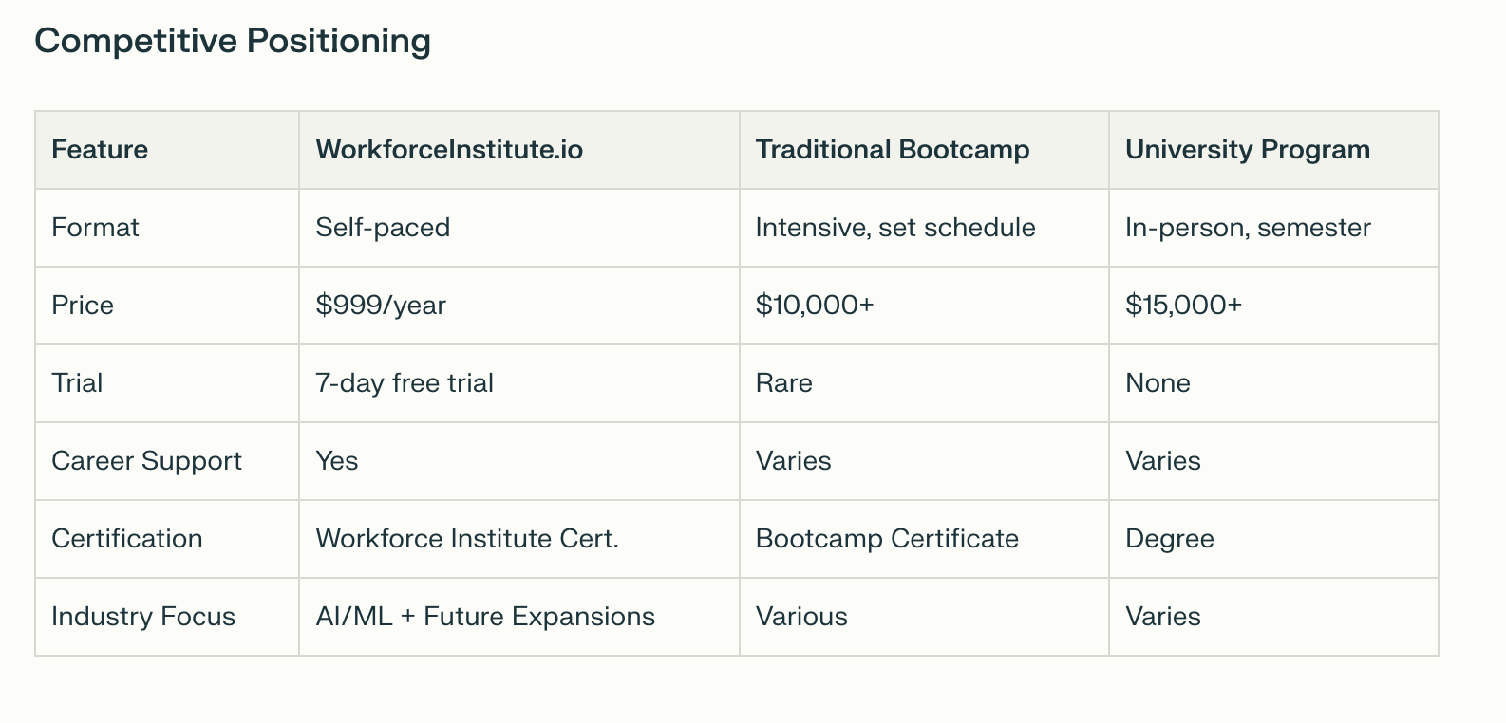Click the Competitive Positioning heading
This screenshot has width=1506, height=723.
tap(233, 42)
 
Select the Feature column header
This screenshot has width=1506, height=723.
tap(100, 150)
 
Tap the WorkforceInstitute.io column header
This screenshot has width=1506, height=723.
tap(449, 150)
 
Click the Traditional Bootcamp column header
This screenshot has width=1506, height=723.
tap(893, 150)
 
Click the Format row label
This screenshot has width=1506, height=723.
tap(95, 228)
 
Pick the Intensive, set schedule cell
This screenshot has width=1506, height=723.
tap(895, 228)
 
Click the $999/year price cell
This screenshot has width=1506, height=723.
tap(381, 306)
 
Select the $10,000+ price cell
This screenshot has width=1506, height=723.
tap(814, 306)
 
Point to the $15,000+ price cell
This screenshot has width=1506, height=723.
tap(1183, 306)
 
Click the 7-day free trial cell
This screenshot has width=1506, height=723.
tap(405, 383)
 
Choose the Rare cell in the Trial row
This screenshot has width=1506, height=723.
tap(784, 383)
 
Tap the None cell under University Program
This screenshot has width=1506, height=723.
tap(1158, 383)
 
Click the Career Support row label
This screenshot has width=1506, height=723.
tap(146, 462)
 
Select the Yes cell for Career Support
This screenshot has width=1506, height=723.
tap(337, 462)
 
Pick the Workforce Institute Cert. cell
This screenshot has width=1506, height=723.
tap(467, 539)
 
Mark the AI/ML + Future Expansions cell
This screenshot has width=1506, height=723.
tap(485, 617)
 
